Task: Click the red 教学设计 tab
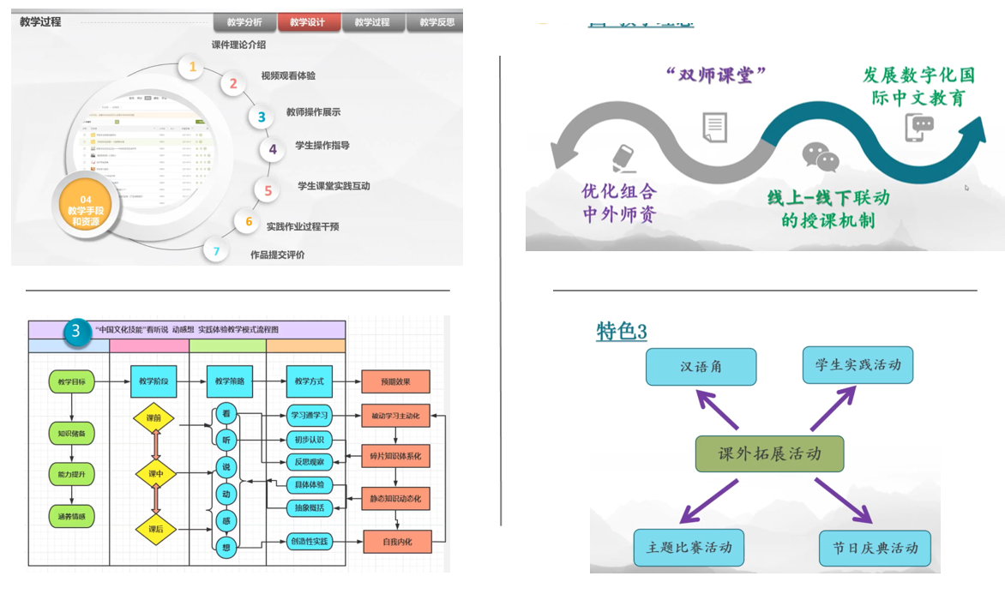pos(307,23)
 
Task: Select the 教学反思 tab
pos(436,23)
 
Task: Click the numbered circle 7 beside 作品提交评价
pos(216,252)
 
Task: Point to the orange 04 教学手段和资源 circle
pos(85,210)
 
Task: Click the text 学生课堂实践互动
pos(334,186)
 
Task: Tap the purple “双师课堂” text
pos(714,75)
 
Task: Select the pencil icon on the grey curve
pos(623,157)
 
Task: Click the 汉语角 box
pos(701,366)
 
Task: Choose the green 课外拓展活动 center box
pos(769,453)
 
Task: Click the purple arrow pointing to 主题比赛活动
pos(708,501)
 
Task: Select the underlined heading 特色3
pos(621,332)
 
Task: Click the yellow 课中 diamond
pos(155,474)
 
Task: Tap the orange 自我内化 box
pos(395,542)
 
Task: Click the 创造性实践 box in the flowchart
pos(308,542)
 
